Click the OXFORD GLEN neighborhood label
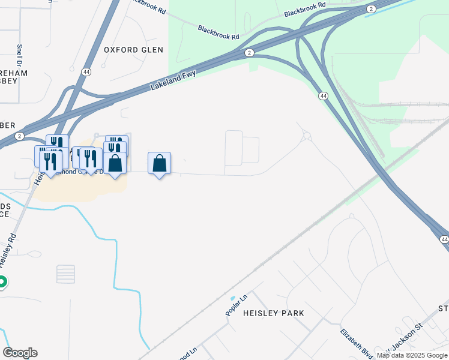(x=133, y=50)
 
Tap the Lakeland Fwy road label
(x=175, y=79)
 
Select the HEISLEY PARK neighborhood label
(x=273, y=313)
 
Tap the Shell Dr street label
(x=20, y=55)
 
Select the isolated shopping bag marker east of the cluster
(x=159, y=163)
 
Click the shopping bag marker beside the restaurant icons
(x=115, y=163)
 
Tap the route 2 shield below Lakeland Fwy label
(x=249, y=53)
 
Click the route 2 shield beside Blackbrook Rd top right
(x=372, y=8)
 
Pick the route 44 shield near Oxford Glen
(x=86, y=71)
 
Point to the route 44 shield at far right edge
(x=444, y=239)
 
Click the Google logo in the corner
(x=20, y=353)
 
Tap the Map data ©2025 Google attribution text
(x=412, y=355)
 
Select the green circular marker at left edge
(x=2, y=281)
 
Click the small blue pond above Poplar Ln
(x=232, y=298)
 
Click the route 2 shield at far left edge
(x=20, y=136)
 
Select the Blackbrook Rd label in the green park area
(x=218, y=32)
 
